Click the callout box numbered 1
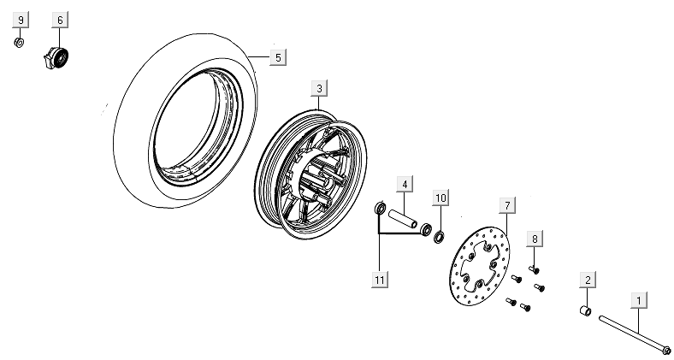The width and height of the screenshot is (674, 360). coord(639,300)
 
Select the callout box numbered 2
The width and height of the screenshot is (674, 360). coord(588,280)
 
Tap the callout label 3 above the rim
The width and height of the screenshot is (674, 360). coord(318,88)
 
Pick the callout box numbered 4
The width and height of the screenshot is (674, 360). coord(403,184)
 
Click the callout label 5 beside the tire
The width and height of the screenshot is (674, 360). coord(276,57)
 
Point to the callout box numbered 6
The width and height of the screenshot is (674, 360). coord(59,20)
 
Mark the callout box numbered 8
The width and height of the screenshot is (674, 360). coord(535,239)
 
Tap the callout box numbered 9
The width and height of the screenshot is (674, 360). coord(21,20)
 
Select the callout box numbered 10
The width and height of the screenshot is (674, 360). coord(440,199)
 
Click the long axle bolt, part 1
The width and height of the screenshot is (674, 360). coord(633,332)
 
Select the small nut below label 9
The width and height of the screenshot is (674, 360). coord(20,41)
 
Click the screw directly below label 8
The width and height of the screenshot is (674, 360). coord(534,268)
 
